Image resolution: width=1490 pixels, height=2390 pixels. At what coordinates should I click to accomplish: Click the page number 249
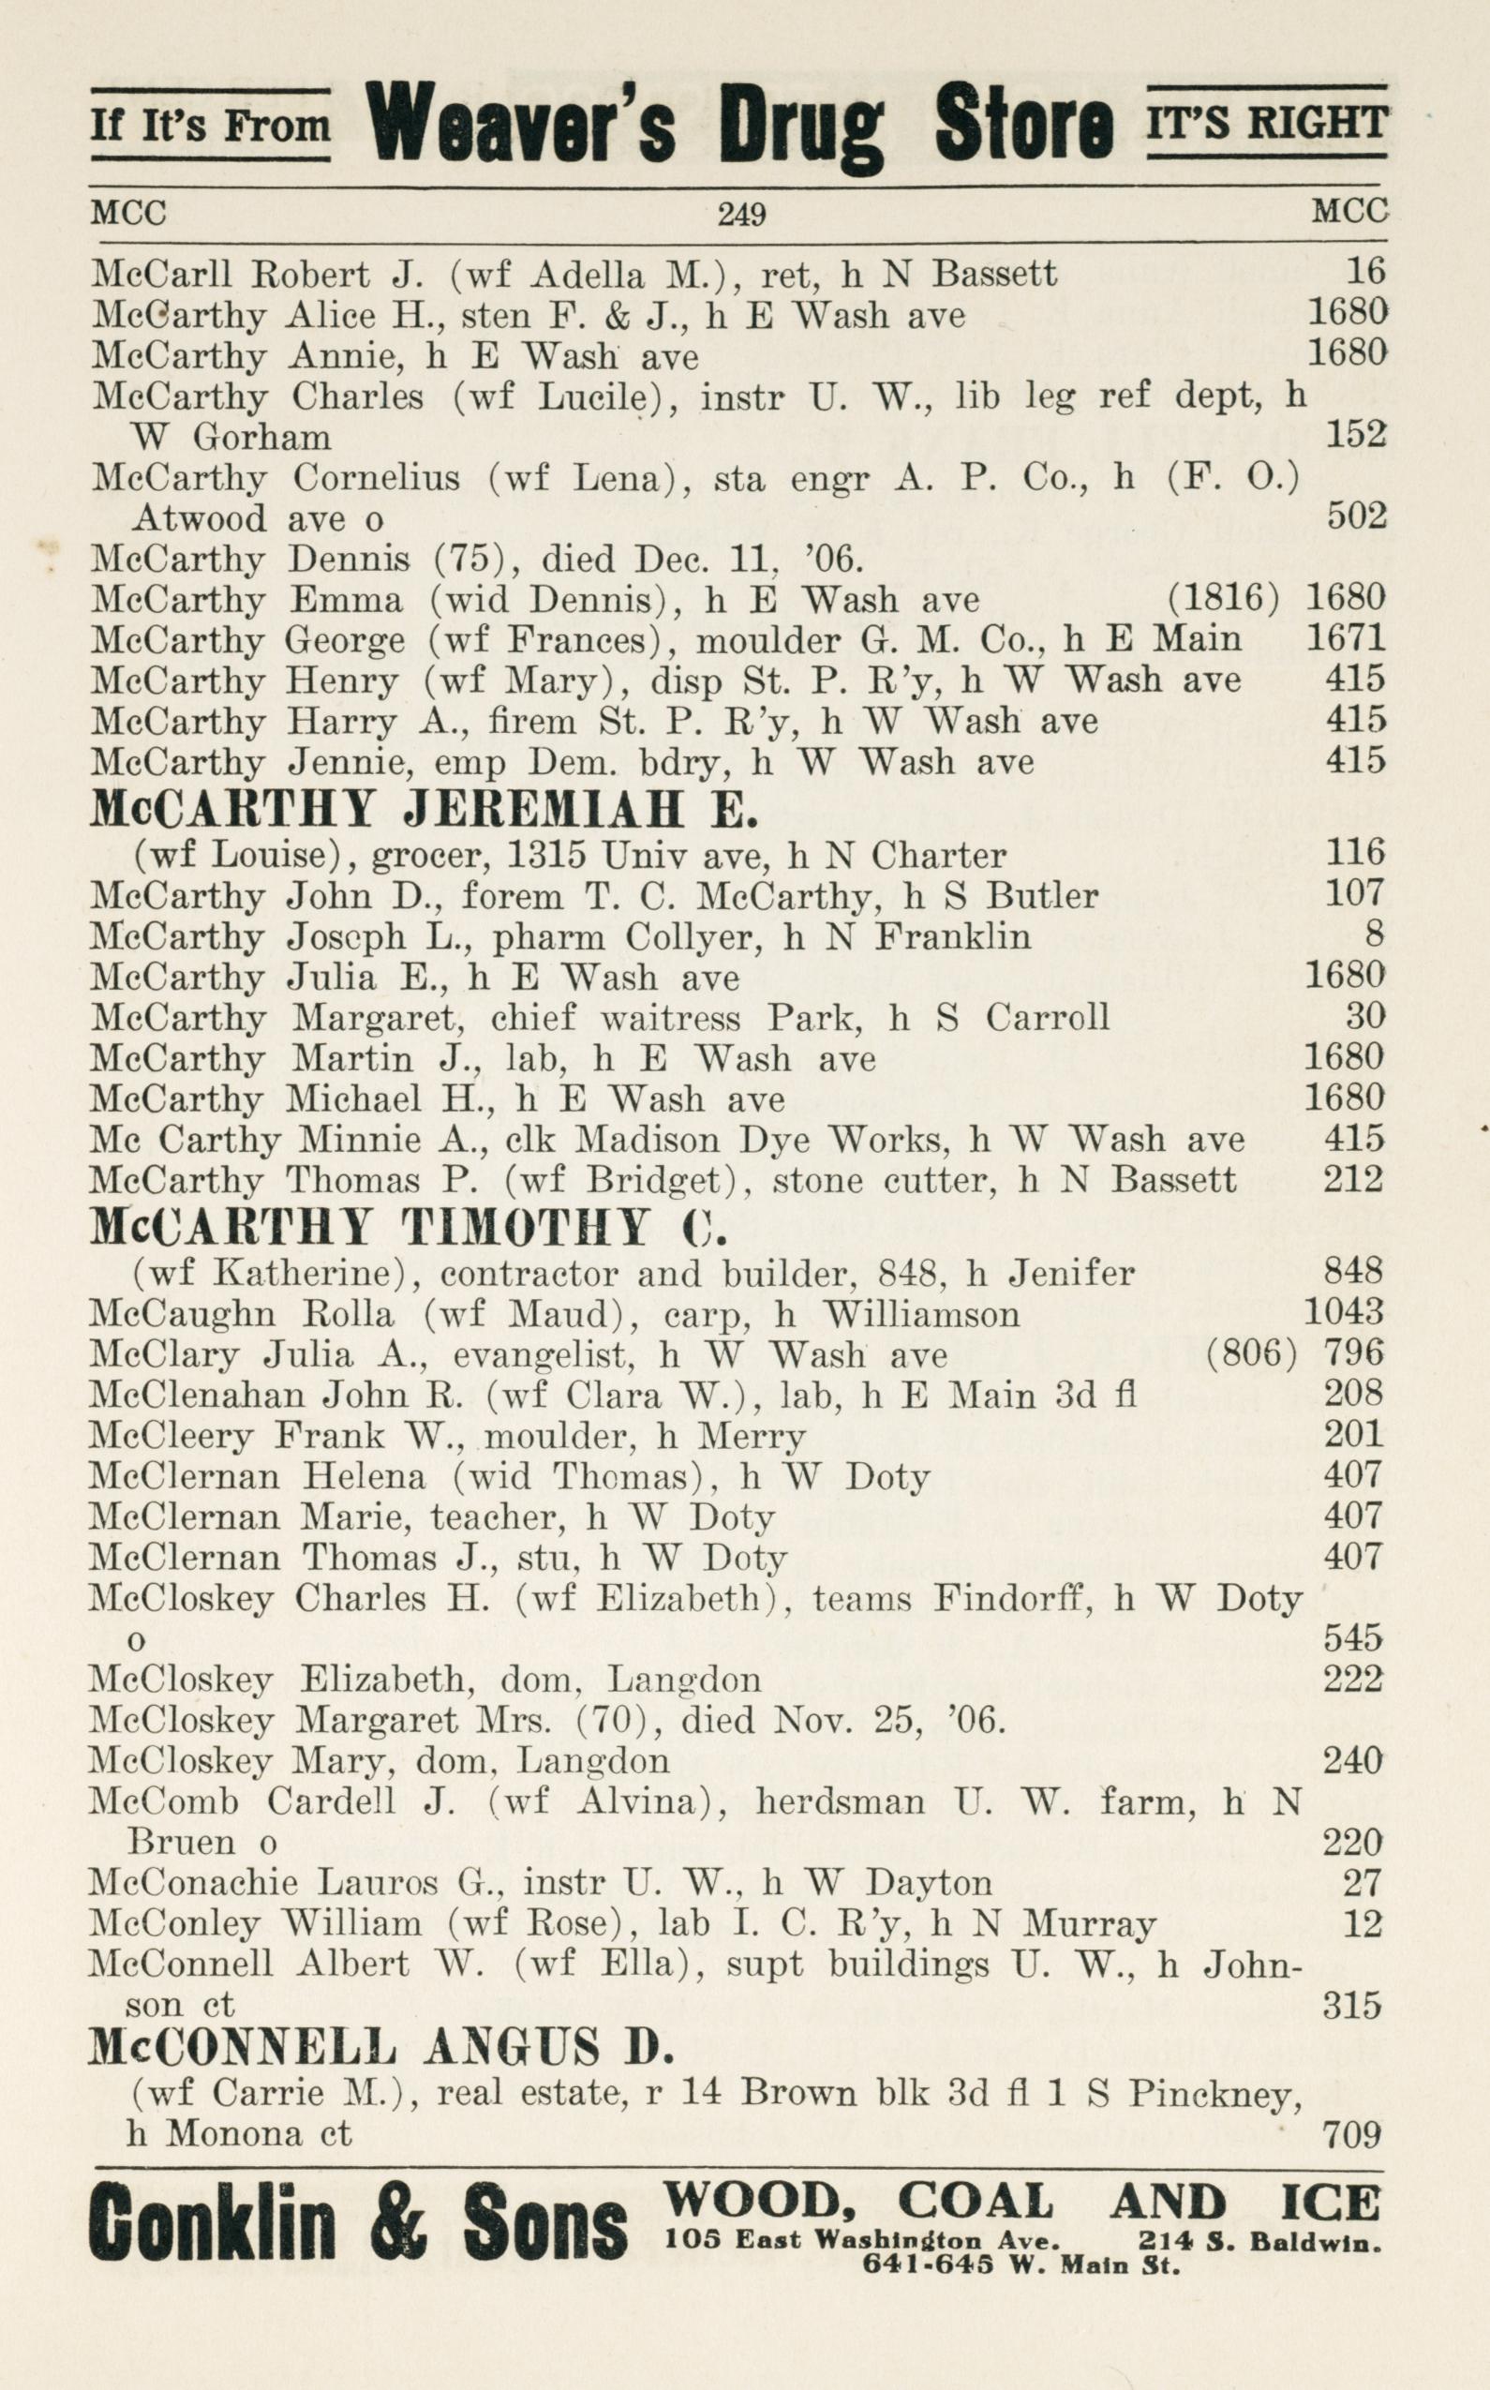(741, 214)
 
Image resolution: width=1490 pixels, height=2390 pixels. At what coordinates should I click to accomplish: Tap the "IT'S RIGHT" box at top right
(1267, 122)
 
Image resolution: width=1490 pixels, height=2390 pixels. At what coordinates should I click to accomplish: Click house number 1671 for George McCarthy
(1344, 639)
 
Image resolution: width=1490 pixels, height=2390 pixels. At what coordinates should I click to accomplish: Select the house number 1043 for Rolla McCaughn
(1343, 1313)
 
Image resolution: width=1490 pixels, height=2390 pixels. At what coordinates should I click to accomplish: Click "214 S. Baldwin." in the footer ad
(1259, 2241)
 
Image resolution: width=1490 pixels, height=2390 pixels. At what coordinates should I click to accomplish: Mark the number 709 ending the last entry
(1352, 2135)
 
